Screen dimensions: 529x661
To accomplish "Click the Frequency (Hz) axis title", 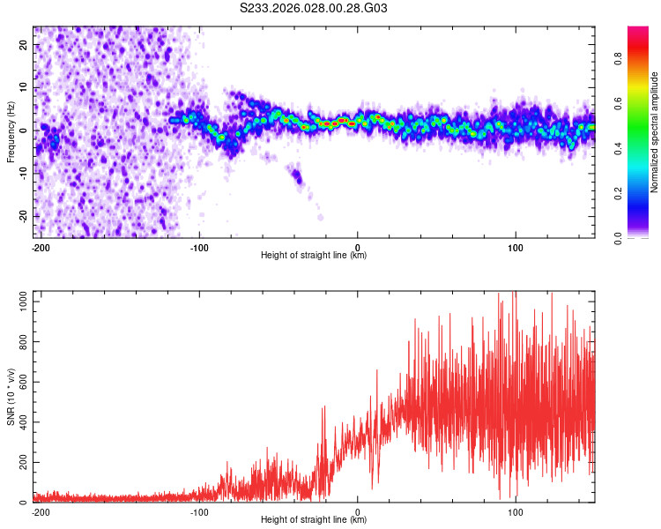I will tap(11, 132).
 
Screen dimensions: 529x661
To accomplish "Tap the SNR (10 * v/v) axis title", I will tap(11, 398).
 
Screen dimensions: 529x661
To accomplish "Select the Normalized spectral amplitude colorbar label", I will tap(655, 133).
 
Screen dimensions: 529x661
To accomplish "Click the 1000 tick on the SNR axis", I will tap(19, 302).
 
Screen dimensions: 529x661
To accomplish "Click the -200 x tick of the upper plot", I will tap(40, 247).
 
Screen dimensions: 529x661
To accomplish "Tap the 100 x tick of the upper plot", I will tap(515, 247).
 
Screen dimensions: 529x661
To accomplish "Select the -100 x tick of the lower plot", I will tap(198, 511).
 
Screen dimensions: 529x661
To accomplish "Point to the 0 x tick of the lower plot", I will tap(358, 511).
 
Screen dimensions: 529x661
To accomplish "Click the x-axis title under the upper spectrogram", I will tap(314, 256).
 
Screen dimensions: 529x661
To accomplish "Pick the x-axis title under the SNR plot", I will tap(314, 520).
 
